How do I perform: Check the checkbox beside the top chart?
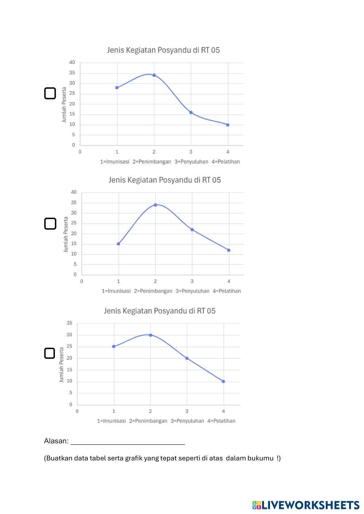(x=50, y=93)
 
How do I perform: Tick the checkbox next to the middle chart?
(x=50, y=224)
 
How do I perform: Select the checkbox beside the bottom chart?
(x=50, y=353)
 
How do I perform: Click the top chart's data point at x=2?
(x=154, y=75)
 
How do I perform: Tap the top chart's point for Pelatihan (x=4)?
(x=228, y=125)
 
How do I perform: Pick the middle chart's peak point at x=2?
(x=155, y=205)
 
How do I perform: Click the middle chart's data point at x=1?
(x=118, y=244)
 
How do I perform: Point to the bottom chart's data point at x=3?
(x=187, y=358)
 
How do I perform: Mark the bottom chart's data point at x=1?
(x=114, y=346)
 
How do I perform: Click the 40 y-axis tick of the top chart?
(x=72, y=63)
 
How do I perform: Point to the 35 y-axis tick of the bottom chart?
(x=69, y=323)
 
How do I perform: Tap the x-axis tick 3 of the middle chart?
(x=192, y=281)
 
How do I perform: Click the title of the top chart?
(x=163, y=50)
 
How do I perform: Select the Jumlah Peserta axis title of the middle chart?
(x=66, y=234)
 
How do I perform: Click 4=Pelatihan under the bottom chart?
(x=221, y=421)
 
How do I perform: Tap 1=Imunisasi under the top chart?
(x=115, y=162)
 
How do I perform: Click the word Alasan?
(x=56, y=441)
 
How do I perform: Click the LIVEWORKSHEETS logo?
(x=306, y=505)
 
